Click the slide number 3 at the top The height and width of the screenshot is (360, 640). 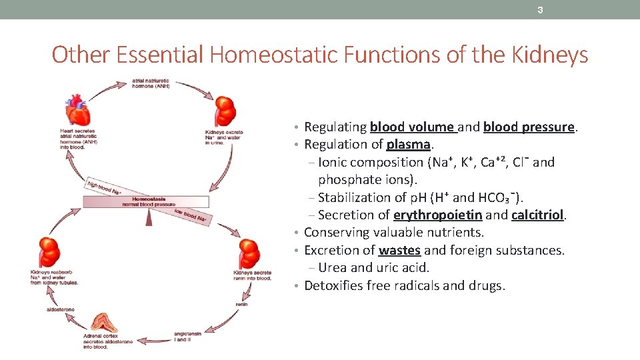point(541,10)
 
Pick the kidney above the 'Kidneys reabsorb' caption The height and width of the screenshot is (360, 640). point(49,251)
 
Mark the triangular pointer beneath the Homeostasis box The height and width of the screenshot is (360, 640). point(149,217)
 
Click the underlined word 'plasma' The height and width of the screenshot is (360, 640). point(409,145)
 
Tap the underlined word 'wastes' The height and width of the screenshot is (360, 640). point(399,250)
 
